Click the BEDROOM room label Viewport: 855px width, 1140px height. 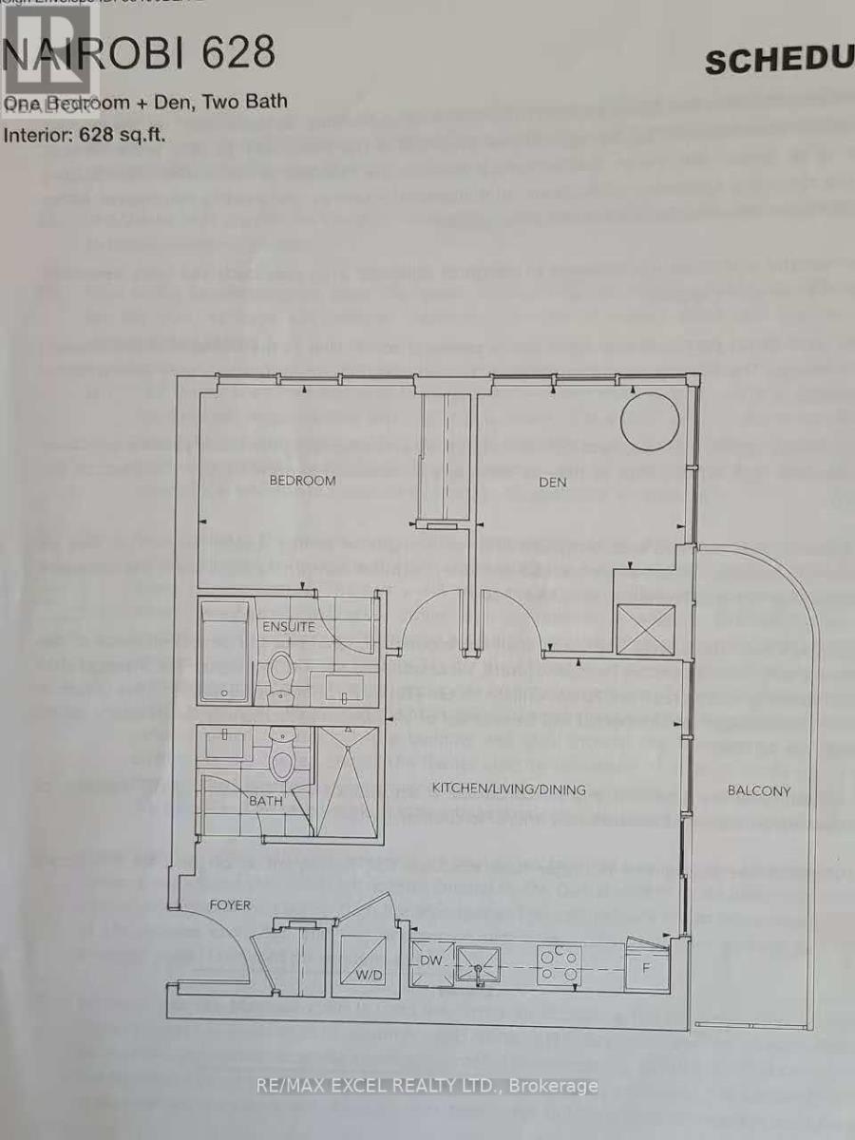(302, 481)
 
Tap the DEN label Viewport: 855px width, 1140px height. (552, 482)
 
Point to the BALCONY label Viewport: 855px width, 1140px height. (759, 790)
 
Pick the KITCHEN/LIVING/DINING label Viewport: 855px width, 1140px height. (509, 788)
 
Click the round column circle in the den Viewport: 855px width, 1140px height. (650, 418)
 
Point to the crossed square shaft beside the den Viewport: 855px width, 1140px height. (645, 628)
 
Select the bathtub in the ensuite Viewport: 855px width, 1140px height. (224, 651)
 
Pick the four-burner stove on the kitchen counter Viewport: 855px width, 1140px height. (558, 963)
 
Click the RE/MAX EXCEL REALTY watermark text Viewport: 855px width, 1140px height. (427, 1086)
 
